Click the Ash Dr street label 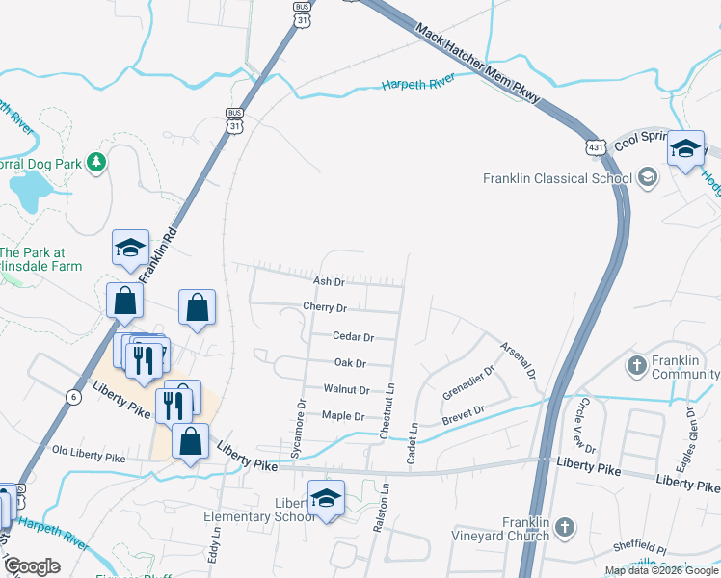[x=329, y=281]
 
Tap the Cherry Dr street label [x=324, y=307]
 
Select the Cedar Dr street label [x=352, y=337]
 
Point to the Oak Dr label [x=349, y=363]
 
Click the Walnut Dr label [x=346, y=389]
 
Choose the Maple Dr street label [x=342, y=416]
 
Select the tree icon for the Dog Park [x=95, y=162]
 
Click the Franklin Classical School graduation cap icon [x=647, y=177]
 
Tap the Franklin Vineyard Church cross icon [x=565, y=527]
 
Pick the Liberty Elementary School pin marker [x=326, y=499]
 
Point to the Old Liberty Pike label [x=89, y=451]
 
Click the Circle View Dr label [x=587, y=429]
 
